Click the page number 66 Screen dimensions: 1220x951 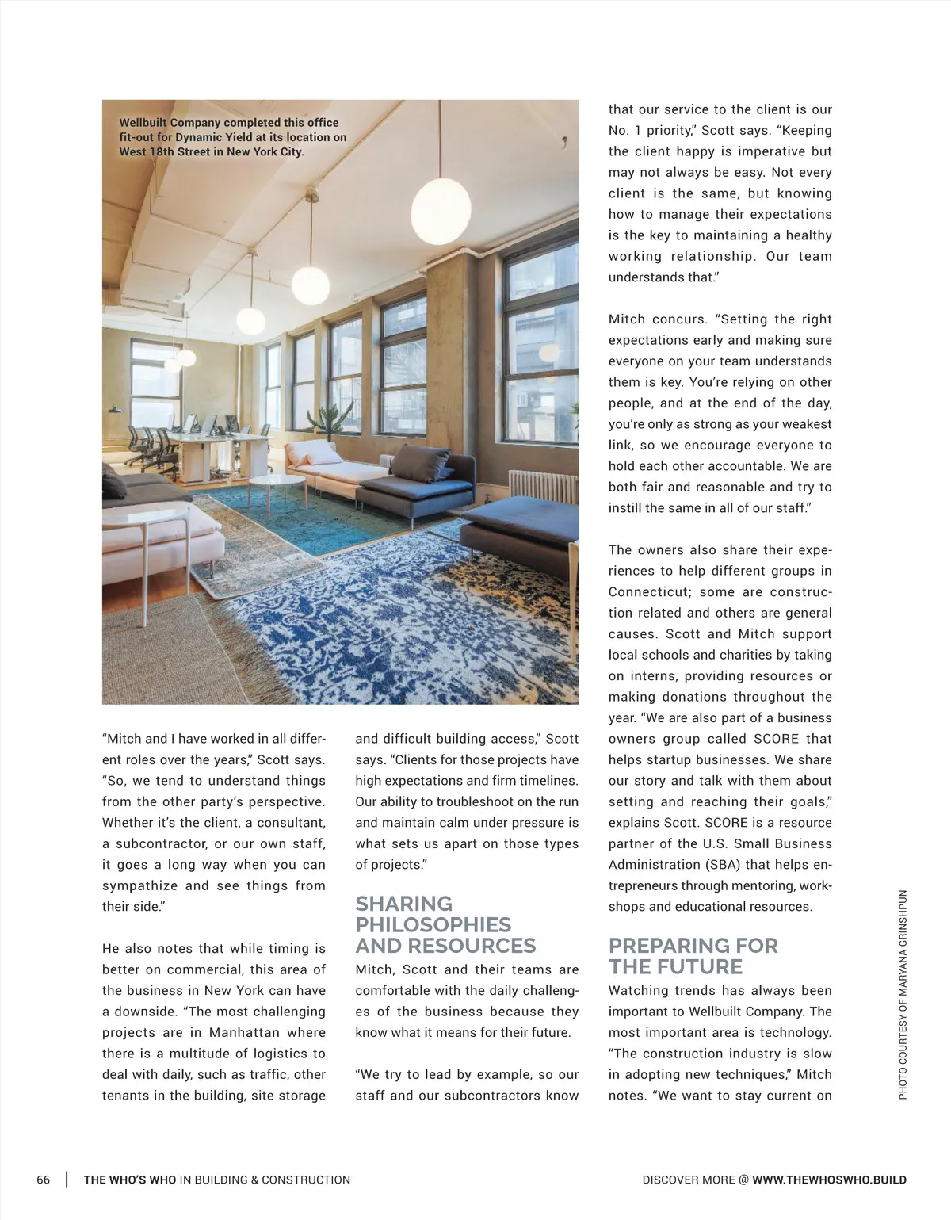click(x=44, y=1180)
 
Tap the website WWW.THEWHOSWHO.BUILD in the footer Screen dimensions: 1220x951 click(x=829, y=1180)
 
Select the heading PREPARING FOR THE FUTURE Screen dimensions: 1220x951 click(x=693, y=956)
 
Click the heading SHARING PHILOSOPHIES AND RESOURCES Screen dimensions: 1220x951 click(x=445, y=924)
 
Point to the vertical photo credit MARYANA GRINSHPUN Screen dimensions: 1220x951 click(x=903, y=995)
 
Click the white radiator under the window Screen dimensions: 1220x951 click(x=542, y=486)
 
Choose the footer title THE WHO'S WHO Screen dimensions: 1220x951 click(x=130, y=1180)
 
